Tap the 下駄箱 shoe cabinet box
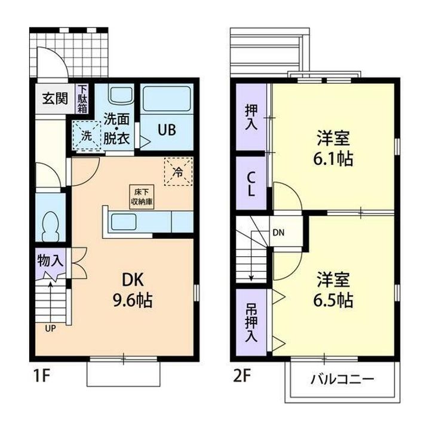[x=82, y=99]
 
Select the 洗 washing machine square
[x=86, y=136]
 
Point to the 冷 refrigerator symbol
[x=178, y=171]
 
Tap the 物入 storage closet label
[x=50, y=260]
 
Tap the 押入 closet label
[x=251, y=117]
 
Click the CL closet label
[x=251, y=183]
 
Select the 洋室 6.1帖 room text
[x=333, y=149]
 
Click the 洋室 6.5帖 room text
[x=333, y=289]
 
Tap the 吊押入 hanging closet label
[x=251, y=323]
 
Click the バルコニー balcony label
[x=342, y=379]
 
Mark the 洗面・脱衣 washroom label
[x=116, y=128]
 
